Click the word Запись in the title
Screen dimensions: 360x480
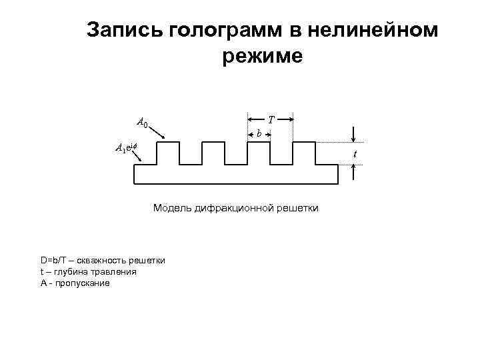[125, 30]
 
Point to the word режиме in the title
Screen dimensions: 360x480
[262, 56]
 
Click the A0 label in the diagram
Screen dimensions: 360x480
[142, 123]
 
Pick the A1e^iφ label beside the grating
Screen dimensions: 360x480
[125, 148]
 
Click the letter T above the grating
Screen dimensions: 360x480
[271, 121]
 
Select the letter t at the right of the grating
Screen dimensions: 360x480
[355, 154]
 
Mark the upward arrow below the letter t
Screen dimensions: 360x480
[354, 173]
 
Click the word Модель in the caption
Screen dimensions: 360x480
[172, 209]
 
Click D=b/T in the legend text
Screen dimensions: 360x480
[53, 260]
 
